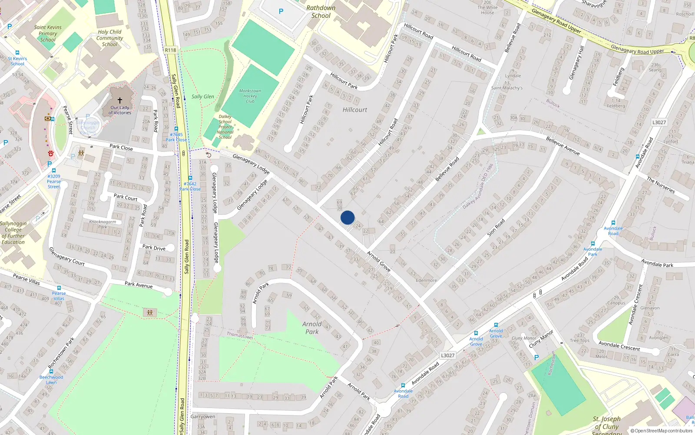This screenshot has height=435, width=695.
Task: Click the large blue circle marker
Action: pyautogui.click(x=347, y=217)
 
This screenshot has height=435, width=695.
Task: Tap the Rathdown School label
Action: pyautogui.click(x=321, y=12)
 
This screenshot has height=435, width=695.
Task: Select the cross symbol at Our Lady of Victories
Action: pyautogui.click(x=120, y=100)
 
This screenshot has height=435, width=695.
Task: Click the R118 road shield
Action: pyautogui.click(x=171, y=50)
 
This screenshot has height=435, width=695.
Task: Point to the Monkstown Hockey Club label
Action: pyautogui.click(x=250, y=96)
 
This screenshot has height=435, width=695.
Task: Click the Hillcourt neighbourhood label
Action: pyautogui.click(x=354, y=110)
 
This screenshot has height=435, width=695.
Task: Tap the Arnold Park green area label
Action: pyautogui.click(x=312, y=328)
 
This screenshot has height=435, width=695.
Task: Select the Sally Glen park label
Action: pyautogui.click(x=203, y=97)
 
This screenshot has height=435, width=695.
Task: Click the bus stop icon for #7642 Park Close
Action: pyautogui.click(x=190, y=178)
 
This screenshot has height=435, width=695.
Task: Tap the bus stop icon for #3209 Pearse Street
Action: pyautogui.click(x=54, y=171)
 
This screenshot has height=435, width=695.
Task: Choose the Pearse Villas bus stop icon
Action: pyautogui.click(x=59, y=288)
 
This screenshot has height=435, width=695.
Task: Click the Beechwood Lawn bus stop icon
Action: pyautogui.click(x=51, y=371)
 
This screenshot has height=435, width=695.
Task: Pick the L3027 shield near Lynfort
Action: pyautogui.click(x=659, y=122)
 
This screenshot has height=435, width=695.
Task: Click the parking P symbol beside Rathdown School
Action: pyautogui.click(x=281, y=11)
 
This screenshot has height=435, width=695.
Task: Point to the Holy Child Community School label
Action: pyautogui.click(x=109, y=38)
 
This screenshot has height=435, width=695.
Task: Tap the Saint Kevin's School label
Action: pyautogui.click(x=17, y=61)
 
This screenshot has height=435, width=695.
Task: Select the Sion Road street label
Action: pyautogui.click(x=496, y=228)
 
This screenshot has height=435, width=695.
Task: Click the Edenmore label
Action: pyautogui.click(x=426, y=280)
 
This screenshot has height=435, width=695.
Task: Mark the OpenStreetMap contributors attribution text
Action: pyautogui.click(x=662, y=431)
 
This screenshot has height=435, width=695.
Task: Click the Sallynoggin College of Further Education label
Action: pyautogui.click(x=13, y=233)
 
